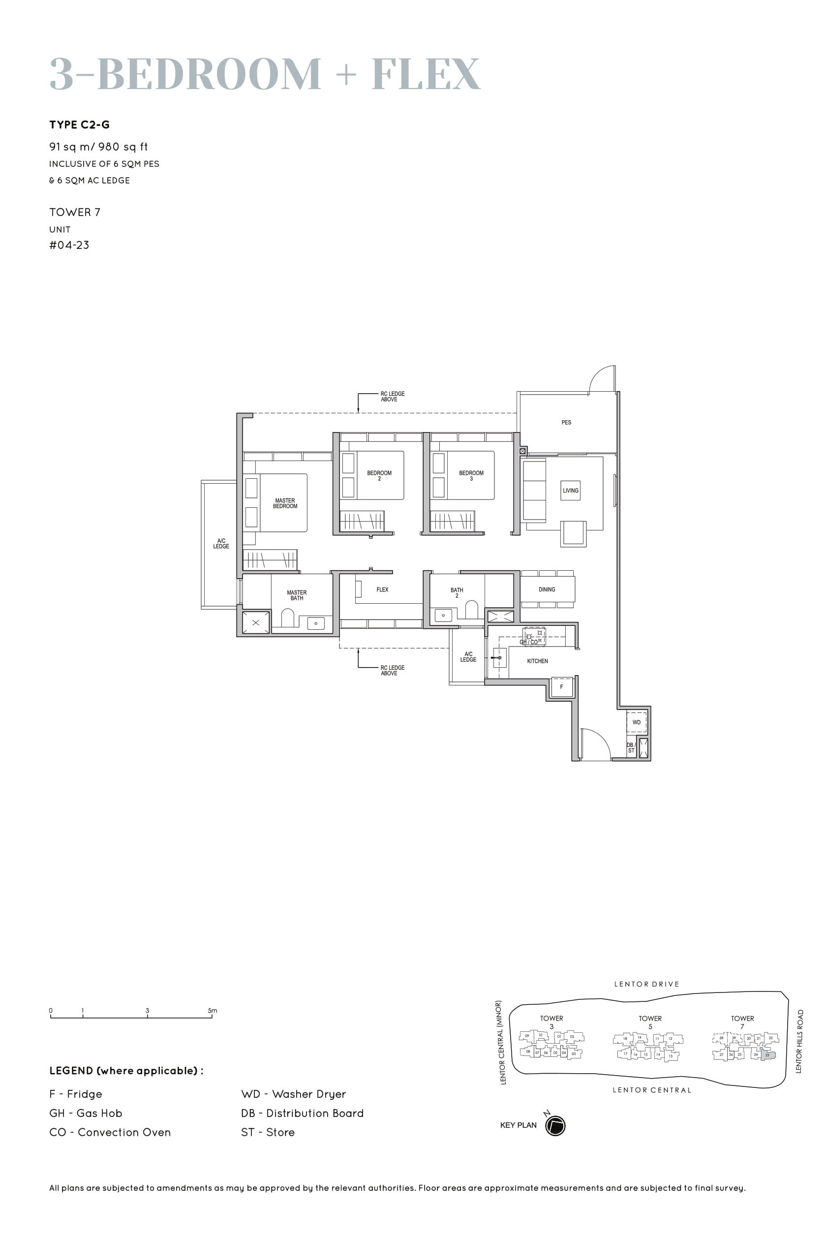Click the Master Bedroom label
pos(285,503)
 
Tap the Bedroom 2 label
pos(379,475)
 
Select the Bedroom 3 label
pos(471,475)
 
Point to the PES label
pos(566,423)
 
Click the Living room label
pos(570,491)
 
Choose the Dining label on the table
pos(547,589)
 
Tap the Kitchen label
pos(537,661)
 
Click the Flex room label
pos(382,589)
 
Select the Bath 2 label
pos(457,592)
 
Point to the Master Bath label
pos(297,595)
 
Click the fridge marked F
pos(561,687)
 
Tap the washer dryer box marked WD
pos(636,722)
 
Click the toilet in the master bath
pos(288,618)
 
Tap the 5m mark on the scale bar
pos(212,1010)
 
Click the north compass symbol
pos(555,1125)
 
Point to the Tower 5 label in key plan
pos(650,1022)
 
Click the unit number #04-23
pos(69,245)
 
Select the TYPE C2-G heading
pos(80,124)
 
